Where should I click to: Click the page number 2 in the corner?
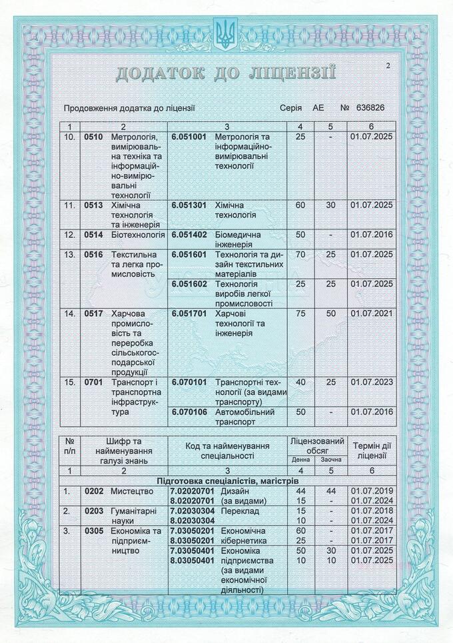point(387,65)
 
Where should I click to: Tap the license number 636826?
point(371,108)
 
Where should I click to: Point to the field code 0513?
point(94,205)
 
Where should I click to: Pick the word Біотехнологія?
point(138,235)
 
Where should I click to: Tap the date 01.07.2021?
point(372,313)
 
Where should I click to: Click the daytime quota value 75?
point(300,313)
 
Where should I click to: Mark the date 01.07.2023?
point(372,382)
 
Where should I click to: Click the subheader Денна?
point(301,460)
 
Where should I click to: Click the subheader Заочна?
point(330,460)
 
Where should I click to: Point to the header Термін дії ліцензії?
point(372,451)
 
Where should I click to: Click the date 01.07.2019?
point(372,491)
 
